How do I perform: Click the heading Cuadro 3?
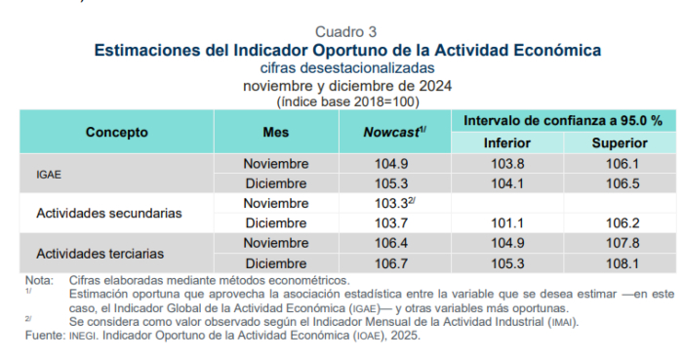(x=346, y=31)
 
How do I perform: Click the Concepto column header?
(x=116, y=132)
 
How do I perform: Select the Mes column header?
(x=276, y=132)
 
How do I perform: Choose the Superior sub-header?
(x=621, y=143)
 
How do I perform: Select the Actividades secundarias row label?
(x=109, y=213)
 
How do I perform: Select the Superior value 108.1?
(x=621, y=263)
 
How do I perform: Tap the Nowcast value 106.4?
(x=392, y=243)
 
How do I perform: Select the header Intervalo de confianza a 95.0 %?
(x=563, y=121)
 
